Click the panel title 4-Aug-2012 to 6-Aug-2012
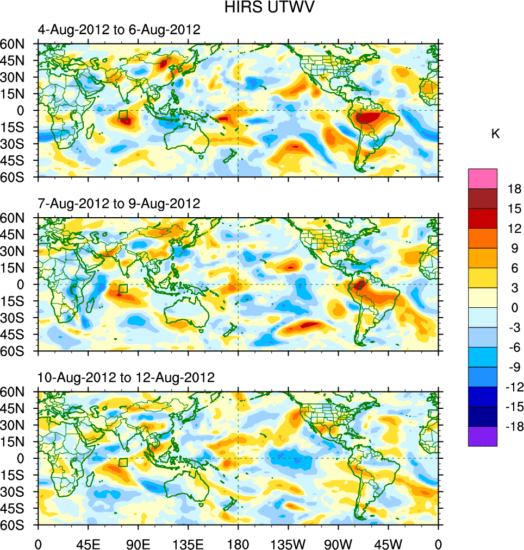(x=119, y=30)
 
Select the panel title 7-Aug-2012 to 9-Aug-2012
(x=119, y=204)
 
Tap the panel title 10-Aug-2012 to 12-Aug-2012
(x=126, y=377)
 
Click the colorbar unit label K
(x=495, y=134)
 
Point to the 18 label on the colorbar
(x=514, y=189)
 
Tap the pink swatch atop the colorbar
(x=482, y=179)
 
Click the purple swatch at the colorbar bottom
(x=482, y=437)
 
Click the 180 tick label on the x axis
(x=238, y=543)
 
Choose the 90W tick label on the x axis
(x=338, y=543)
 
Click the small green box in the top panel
(x=123, y=115)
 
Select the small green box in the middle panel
(x=123, y=288)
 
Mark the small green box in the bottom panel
(x=123, y=462)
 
